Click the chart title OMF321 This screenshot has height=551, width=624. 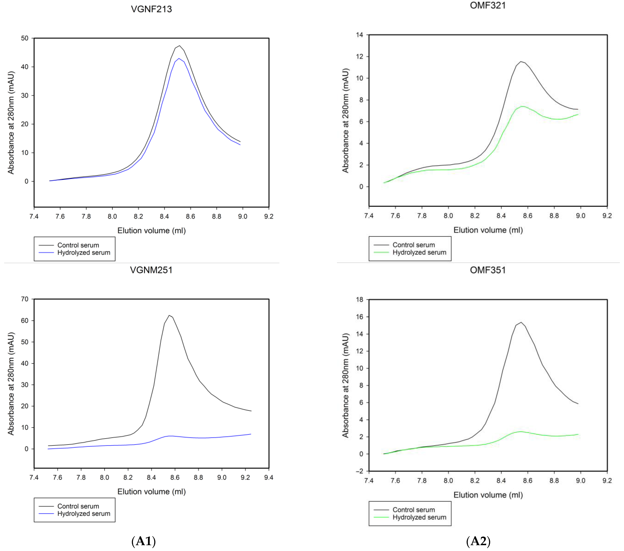click(488, 6)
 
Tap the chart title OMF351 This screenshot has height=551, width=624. click(488, 270)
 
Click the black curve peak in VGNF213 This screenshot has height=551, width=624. click(179, 46)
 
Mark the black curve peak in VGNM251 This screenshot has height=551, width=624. click(169, 316)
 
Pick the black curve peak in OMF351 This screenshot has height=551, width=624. click(521, 322)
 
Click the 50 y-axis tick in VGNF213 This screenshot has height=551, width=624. click(25, 38)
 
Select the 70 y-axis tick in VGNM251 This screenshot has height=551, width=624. click(25, 299)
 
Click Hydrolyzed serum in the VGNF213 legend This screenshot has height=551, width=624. click(84, 253)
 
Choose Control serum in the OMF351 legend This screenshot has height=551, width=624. click(413, 510)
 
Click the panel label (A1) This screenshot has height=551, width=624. click(144, 541)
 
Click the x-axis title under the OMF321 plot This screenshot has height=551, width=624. click(488, 230)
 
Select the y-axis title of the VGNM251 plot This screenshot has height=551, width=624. click(11, 383)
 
